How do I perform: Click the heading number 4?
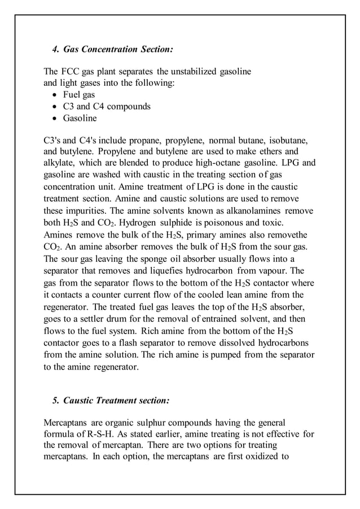(x=55, y=50)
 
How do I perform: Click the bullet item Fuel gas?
(x=78, y=95)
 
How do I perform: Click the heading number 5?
(x=55, y=401)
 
